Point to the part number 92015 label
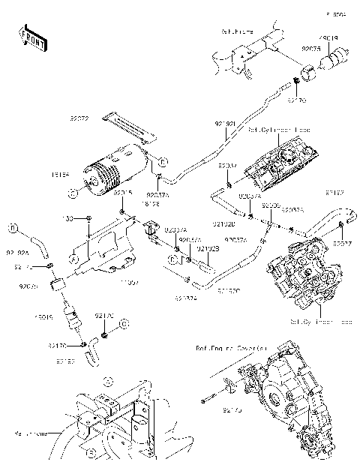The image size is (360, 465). coord(123,193)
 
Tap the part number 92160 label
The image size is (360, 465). coord(65,361)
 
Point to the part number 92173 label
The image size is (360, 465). coord(213,411)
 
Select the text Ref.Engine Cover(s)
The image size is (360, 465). coord(232,348)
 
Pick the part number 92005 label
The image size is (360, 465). coord(271,205)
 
